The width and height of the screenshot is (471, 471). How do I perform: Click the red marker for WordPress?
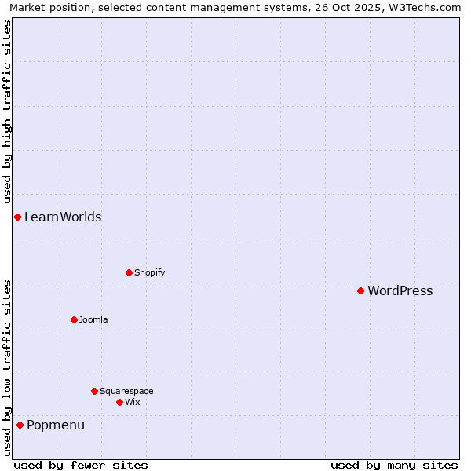(x=360, y=291)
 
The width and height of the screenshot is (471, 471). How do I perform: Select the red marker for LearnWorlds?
(x=17, y=217)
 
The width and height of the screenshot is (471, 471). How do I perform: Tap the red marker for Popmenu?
(x=20, y=425)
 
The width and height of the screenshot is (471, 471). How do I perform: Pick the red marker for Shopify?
(x=129, y=273)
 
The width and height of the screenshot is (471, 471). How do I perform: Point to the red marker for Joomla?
(x=74, y=319)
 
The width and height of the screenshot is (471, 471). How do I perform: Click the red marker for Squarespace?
(x=94, y=391)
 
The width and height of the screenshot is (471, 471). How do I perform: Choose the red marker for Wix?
(x=119, y=402)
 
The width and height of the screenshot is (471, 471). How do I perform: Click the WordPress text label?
(x=400, y=291)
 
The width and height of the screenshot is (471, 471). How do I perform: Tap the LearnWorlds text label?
(x=63, y=217)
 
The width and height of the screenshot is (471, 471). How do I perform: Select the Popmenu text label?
(x=56, y=425)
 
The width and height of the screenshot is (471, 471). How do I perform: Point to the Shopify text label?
(x=149, y=273)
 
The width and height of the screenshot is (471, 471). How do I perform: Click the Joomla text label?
(x=93, y=319)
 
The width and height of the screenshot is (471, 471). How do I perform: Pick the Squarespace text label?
(x=126, y=391)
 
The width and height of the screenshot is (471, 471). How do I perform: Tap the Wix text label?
(x=132, y=402)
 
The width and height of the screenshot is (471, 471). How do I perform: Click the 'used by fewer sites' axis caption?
(x=81, y=465)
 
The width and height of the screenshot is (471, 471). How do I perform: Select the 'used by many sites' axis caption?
(x=394, y=465)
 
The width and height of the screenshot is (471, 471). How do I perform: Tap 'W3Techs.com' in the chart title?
(x=426, y=8)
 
